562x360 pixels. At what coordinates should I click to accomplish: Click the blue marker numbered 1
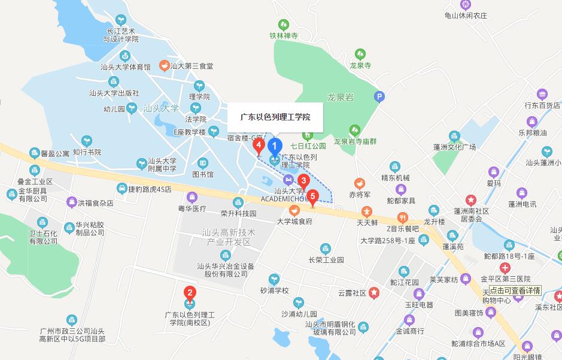point(275,146)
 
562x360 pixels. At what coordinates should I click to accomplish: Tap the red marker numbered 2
point(190,293)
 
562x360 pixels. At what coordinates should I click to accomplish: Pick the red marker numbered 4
point(259,146)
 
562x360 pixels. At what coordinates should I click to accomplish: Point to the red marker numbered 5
point(312,195)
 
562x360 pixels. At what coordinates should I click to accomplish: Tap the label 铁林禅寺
point(283,36)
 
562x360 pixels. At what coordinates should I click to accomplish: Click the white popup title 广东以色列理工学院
point(275,117)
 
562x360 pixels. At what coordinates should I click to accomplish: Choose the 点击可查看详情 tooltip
point(515,290)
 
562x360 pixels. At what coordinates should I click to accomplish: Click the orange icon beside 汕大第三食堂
point(163,65)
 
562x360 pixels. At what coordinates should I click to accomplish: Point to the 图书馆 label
point(203,174)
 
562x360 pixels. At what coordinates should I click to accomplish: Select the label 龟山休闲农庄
point(466,16)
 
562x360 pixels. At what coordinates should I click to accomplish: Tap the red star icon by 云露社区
point(373,293)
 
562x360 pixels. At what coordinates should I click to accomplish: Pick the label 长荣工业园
point(326,260)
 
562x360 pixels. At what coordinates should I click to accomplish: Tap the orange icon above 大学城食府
point(294,210)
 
